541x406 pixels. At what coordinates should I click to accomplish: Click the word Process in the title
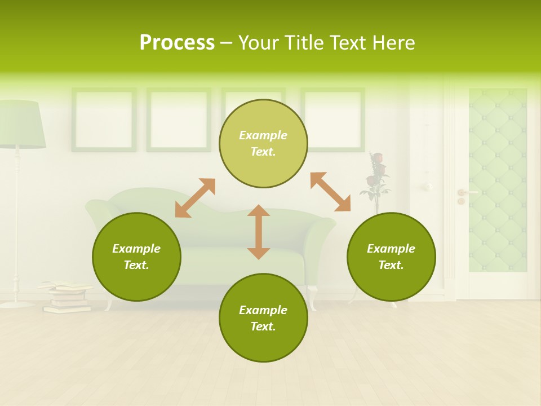pyautogui.click(x=177, y=43)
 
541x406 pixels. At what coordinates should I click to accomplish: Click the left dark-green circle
pyautogui.click(x=136, y=257)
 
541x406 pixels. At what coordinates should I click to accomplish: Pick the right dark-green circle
pyautogui.click(x=391, y=257)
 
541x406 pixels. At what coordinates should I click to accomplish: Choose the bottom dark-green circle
pyautogui.click(x=263, y=318)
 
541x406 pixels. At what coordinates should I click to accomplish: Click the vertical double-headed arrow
pyautogui.click(x=259, y=232)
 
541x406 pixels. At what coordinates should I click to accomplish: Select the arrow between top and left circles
pyautogui.click(x=195, y=198)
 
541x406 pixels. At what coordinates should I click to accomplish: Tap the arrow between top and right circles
pyautogui.click(x=330, y=192)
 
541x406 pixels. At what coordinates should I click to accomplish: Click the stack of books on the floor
pyautogui.click(x=65, y=297)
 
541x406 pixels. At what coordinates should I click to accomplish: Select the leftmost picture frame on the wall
pyautogui.click(x=104, y=120)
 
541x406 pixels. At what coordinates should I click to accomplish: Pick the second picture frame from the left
pyautogui.click(x=179, y=120)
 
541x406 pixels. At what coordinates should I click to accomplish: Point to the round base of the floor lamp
pyautogui.click(x=17, y=304)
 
